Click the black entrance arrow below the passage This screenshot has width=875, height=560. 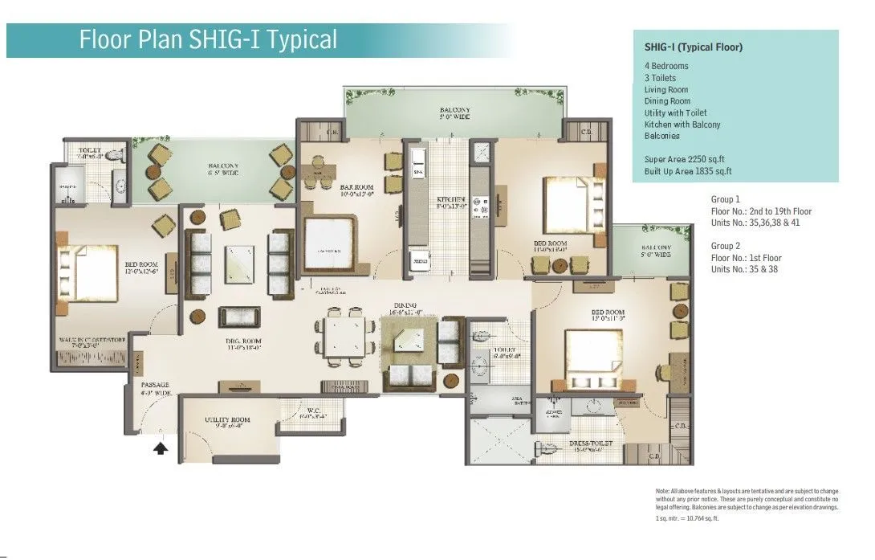point(161,448)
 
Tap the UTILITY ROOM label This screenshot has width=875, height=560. point(229,420)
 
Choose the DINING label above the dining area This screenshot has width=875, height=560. point(405,305)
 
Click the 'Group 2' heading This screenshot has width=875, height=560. point(725,246)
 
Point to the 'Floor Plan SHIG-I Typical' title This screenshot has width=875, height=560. point(208,39)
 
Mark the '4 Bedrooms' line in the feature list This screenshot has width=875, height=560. point(666,66)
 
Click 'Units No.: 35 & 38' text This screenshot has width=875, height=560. point(744,269)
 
